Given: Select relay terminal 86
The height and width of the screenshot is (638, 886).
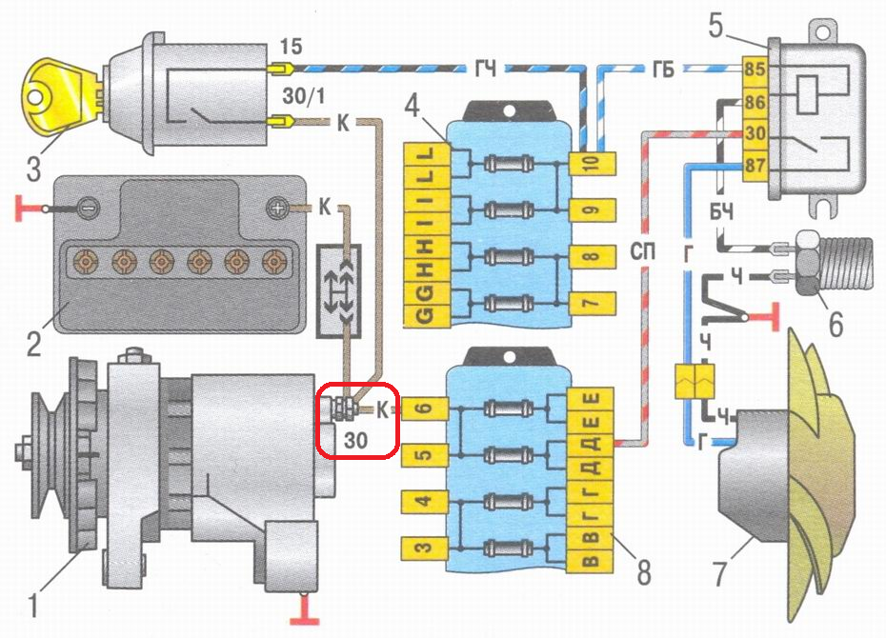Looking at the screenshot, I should coord(755,100).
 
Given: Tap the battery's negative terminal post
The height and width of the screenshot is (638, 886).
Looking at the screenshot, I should coord(85,208).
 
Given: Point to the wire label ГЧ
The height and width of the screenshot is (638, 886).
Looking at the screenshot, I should coord(485,68).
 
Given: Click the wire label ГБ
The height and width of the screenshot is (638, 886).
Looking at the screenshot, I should coord(665,68).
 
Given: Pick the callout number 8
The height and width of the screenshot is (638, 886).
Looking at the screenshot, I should coord(644,573).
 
